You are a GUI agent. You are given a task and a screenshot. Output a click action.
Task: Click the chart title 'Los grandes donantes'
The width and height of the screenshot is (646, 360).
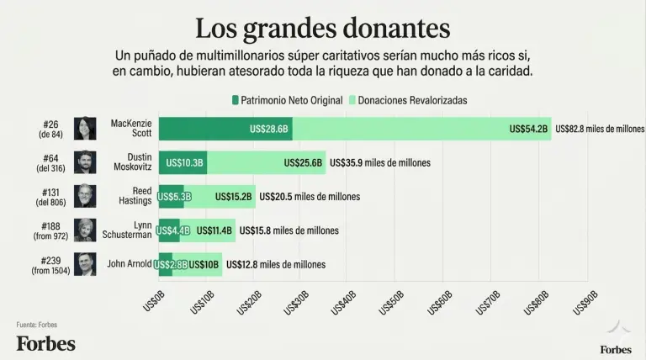[322, 27]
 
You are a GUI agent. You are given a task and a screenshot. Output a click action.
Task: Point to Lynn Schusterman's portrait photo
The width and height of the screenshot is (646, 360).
[85, 230]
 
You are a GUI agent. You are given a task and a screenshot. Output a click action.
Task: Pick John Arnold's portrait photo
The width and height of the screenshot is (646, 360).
[85, 264]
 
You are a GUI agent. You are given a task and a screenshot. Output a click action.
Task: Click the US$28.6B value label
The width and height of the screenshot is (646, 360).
[269, 130]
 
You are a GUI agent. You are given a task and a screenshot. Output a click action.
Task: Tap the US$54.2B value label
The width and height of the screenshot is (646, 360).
[528, 130]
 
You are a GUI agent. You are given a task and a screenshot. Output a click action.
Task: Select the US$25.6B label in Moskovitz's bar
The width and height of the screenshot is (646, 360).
[304, 163]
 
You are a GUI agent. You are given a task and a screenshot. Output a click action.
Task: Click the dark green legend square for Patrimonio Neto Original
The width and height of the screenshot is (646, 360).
[236, 100]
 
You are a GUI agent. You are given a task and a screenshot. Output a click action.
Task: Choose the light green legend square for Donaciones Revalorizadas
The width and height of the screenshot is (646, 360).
[352, 100]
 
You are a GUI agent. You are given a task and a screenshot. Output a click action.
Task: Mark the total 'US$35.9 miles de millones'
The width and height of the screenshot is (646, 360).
[380, 163]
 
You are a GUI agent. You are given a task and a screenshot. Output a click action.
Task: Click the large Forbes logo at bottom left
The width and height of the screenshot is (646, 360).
[45, 343]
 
